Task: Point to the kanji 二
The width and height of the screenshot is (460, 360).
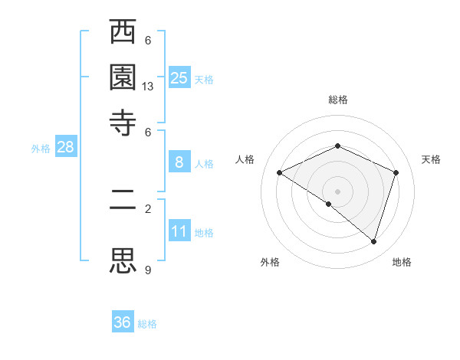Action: tap(123, 208)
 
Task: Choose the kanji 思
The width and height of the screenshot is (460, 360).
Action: tap(123, 260)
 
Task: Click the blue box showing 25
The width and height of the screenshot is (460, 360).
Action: tap(179, 78)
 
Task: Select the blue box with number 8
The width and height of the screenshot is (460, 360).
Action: tap(179, 162)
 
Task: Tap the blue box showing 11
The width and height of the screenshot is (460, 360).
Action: tap(179, 231)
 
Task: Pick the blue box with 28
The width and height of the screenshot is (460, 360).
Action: tap(65, 148)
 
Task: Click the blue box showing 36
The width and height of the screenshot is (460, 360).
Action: tap(123, 322)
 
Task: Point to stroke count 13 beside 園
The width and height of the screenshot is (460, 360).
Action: tap(148, 87)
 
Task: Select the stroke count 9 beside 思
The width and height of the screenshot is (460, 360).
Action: tap(148, 270)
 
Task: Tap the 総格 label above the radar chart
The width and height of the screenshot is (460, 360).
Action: tap(337, 100)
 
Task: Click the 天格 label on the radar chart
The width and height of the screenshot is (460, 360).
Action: tap(431, 159)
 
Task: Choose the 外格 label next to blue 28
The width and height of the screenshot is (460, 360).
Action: tap(41, 149)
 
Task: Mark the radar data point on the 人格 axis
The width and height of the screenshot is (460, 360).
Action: tap(280, 172)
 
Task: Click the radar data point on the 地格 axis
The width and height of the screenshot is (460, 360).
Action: tap(373, 241)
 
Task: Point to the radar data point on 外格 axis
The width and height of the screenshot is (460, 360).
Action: tap(329, 204)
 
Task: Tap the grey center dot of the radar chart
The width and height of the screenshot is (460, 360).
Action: tap(337, 191)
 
